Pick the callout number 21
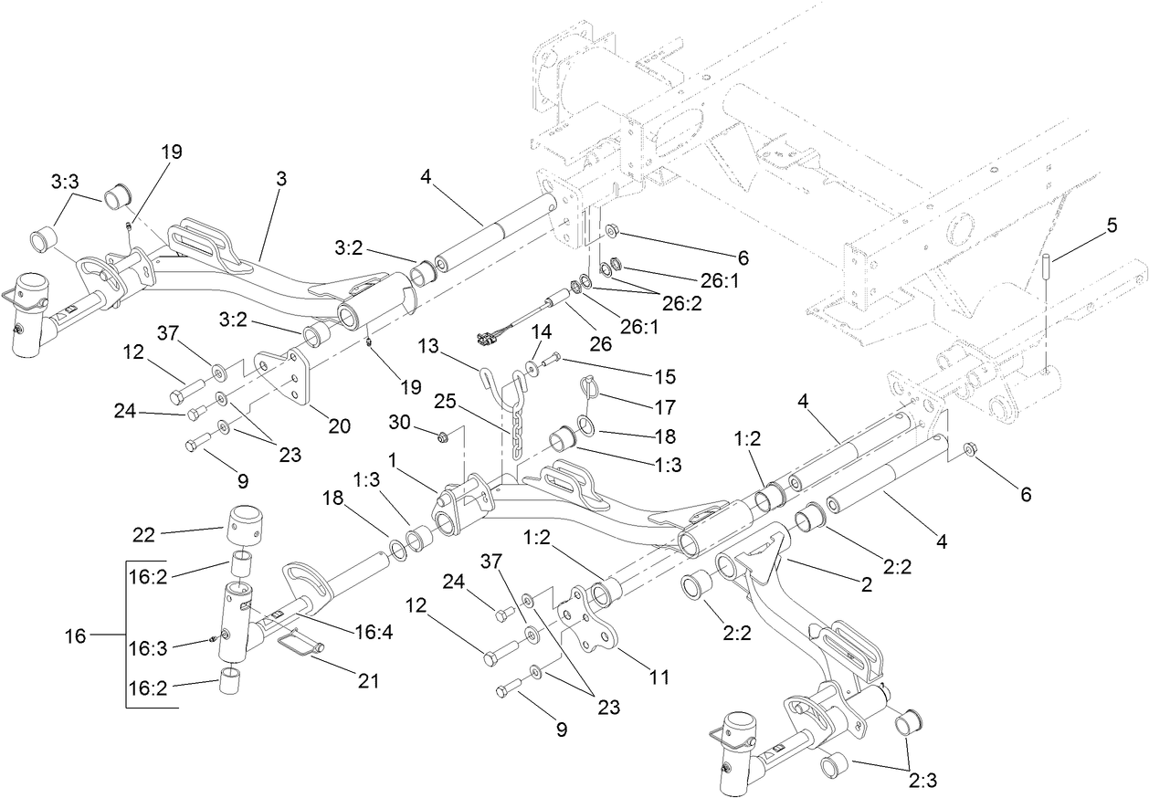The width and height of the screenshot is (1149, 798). coord(368,680)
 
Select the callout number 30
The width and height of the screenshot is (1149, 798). coord(401,424)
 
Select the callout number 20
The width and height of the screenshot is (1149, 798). coord(340,425)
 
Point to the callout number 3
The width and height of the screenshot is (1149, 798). coord(280,179)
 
